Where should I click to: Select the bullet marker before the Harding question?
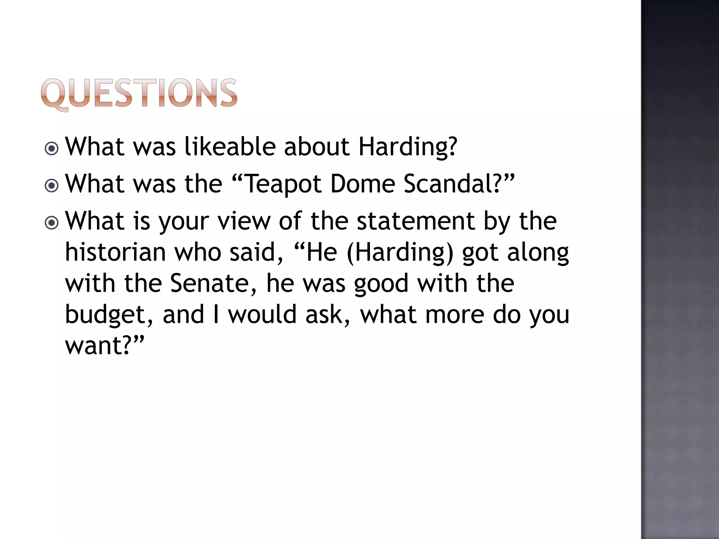coord(52,149)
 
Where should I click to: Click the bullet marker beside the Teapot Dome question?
coord(52,186)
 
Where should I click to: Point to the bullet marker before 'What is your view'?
coord(52,223)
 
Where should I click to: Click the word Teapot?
coord(283,184)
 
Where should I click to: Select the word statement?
coord(416,221)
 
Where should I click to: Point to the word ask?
coord(327,314)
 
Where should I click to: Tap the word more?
coord(455,314)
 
